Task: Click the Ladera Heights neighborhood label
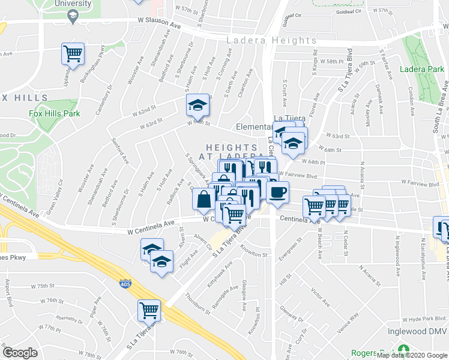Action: [271, 41]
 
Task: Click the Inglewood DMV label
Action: [421, 337]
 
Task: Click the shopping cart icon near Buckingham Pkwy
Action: [73, 54]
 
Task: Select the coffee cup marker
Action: [277, 193]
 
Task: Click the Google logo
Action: [20, 353]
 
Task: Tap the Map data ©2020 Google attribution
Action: [412, 355]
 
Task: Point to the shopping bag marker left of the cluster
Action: [203, 199]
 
